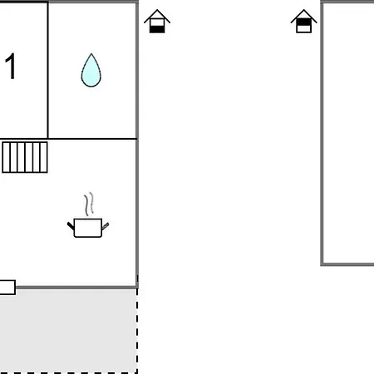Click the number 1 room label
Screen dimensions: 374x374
11,67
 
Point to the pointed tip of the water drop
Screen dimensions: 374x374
91,56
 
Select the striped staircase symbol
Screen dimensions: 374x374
25,156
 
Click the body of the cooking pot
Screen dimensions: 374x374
87,227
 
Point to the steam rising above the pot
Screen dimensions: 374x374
89,204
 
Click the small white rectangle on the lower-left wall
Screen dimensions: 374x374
7,288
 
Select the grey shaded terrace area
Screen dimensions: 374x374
66,331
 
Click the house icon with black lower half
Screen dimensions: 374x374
157,22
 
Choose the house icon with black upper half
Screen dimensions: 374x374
304,22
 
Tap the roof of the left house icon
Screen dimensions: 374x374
157,15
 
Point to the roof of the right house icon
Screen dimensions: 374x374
304,15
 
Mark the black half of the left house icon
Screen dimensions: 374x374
157,28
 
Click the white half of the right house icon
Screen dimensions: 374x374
304,28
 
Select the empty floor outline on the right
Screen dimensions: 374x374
348,133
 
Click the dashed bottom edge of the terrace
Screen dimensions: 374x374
66,372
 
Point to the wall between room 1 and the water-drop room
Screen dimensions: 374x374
48,70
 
